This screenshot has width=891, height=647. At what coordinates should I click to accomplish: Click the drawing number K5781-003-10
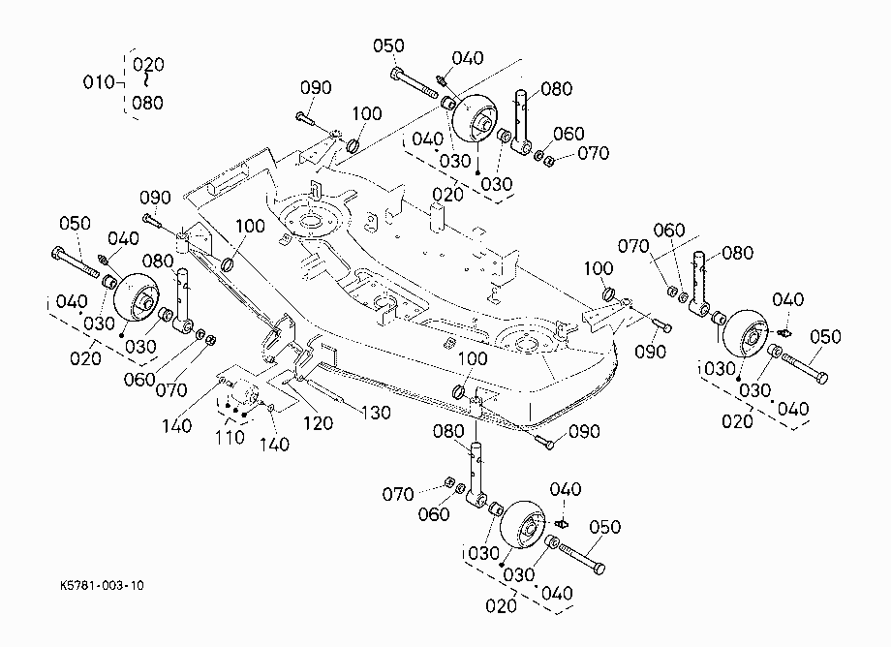coord(102,586)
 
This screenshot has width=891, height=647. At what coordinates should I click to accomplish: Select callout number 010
coord(99,82)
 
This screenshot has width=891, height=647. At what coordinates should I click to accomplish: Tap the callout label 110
coord(230,438)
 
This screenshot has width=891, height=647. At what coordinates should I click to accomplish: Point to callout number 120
coord(318,422)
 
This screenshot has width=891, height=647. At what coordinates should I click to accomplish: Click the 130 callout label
coord(376,413)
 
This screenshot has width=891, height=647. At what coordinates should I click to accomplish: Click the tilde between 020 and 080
coord(147,80)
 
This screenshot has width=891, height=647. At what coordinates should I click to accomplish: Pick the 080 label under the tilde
coord(148,103)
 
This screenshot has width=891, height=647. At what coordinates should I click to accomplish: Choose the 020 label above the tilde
coord(148,64)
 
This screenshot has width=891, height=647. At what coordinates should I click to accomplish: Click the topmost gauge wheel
coord(474,119)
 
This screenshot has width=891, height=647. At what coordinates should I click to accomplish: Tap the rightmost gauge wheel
coord(745,333)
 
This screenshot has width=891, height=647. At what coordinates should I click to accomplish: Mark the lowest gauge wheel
coord(523,525)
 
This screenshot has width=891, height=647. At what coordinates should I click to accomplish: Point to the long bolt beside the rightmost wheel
coord(805,368)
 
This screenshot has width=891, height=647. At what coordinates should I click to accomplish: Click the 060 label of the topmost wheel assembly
coord(568,134)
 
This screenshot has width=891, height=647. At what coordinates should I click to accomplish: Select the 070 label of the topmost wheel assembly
coord(594,153)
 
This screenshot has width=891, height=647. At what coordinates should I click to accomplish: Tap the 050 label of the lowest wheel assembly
coord(604,527)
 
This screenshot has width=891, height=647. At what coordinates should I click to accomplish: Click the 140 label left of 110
coord(176,425)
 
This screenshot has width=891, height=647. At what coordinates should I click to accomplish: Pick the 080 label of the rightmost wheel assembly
coord(738,253)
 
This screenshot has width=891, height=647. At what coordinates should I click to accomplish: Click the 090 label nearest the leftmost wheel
coord(155,198)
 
